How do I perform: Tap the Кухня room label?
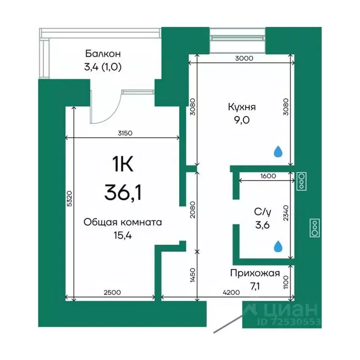coord(242,107)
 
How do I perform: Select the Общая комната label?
coord(122,223)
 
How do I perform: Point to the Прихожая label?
coord(255,274)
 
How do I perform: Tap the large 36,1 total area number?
coord(123,192)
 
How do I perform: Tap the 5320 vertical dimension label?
coord(68,201)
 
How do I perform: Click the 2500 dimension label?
coord(112,292)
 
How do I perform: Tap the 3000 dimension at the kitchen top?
coord(244,59)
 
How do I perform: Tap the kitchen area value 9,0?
coord(242,120)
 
